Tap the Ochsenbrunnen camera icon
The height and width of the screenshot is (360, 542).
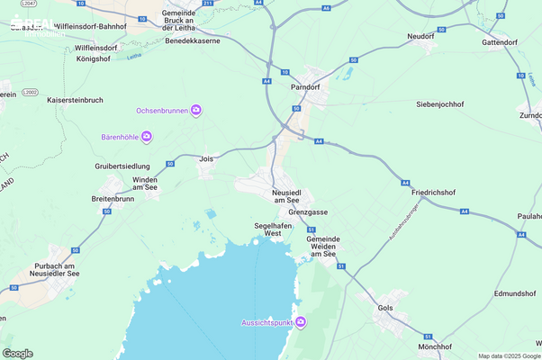195,110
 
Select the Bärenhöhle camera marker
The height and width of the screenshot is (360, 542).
147,137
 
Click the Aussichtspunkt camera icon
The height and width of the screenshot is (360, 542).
301,323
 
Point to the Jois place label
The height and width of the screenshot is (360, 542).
206,157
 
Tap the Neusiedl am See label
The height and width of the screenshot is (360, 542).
292,198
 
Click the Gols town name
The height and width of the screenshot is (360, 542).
386,308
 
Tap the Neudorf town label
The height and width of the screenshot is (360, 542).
420,36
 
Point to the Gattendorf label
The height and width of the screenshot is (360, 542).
500,42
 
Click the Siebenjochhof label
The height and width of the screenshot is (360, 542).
439,104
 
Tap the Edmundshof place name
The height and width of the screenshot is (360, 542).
515,294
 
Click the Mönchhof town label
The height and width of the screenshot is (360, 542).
435,346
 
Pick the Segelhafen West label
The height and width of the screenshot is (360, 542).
274,229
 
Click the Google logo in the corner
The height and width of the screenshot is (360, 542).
18,354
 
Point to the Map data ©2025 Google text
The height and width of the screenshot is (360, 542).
508,355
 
